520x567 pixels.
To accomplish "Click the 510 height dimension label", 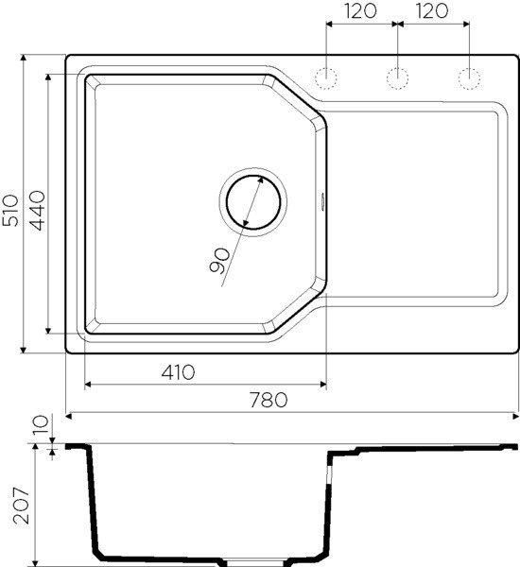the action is [x=10, y=210].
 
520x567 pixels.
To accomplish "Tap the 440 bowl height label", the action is [x=38, y=211].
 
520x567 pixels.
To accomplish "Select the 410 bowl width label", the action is [x=178, y=372].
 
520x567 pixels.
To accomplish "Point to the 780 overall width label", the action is [x=269, y=400].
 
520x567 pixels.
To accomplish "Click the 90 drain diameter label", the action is [x=219, y=261].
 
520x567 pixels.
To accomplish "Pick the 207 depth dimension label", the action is [x=21, y=506].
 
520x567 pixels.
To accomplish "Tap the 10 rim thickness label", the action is [x=41, y=425].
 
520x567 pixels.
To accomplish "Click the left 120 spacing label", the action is [x=359, y=10].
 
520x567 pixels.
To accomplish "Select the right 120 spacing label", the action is [x=431, y=10].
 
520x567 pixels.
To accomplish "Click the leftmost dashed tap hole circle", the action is [x=326, y=78].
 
